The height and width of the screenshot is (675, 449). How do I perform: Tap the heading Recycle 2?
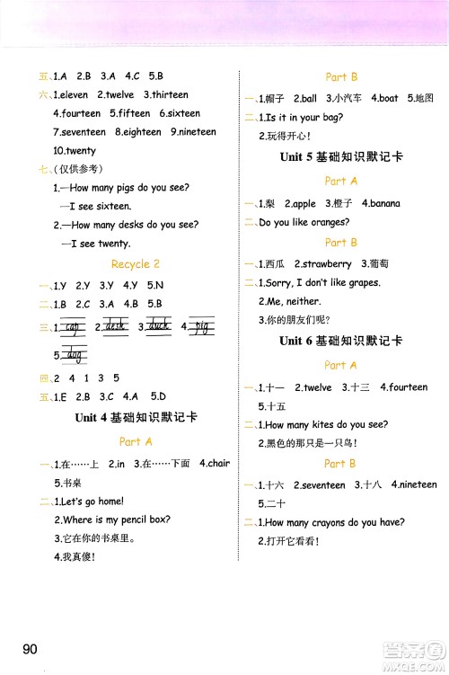pos(135,264)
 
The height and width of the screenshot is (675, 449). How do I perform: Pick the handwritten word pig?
pos(202,326)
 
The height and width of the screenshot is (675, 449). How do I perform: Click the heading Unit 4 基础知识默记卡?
pos(136,417)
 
